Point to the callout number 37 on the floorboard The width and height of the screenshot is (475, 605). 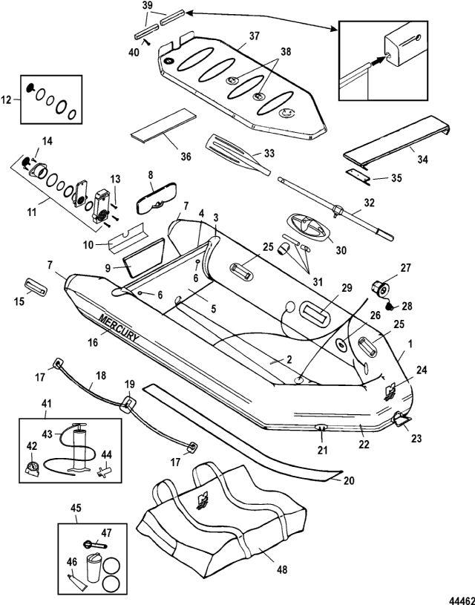(255, 36)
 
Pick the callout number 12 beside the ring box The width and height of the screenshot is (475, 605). (9, 98)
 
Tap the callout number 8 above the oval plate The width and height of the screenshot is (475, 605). (150, 175)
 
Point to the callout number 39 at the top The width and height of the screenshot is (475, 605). (147, 5)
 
